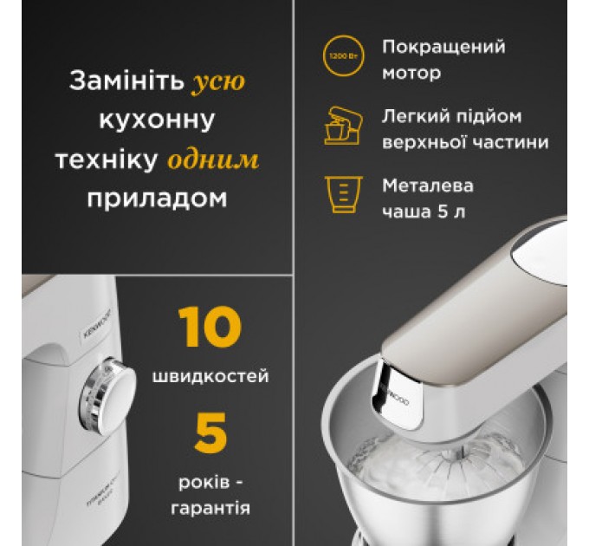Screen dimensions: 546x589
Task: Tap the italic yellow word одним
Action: coord(224,160)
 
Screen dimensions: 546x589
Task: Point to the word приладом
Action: coord(157,198)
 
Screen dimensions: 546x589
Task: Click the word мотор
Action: coord(411,73)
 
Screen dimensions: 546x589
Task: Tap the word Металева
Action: coord(428,185)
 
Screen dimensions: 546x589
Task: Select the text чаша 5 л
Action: coord(424,211)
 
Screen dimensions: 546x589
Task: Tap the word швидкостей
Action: coord(210,377)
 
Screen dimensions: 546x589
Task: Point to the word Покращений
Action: coord(443,47)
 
